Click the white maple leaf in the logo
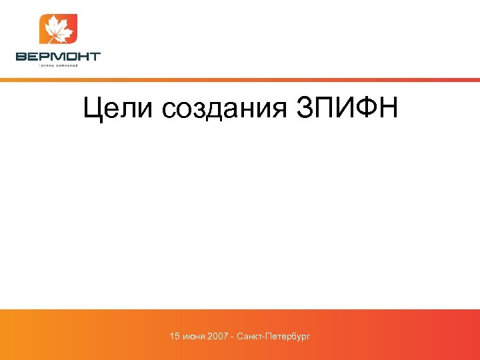[58, 29]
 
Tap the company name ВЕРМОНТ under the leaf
[58, 57]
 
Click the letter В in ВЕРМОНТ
[21, 57]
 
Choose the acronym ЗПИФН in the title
[346, 109]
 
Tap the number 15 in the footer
[175, 336]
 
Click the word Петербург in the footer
[288, 336]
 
